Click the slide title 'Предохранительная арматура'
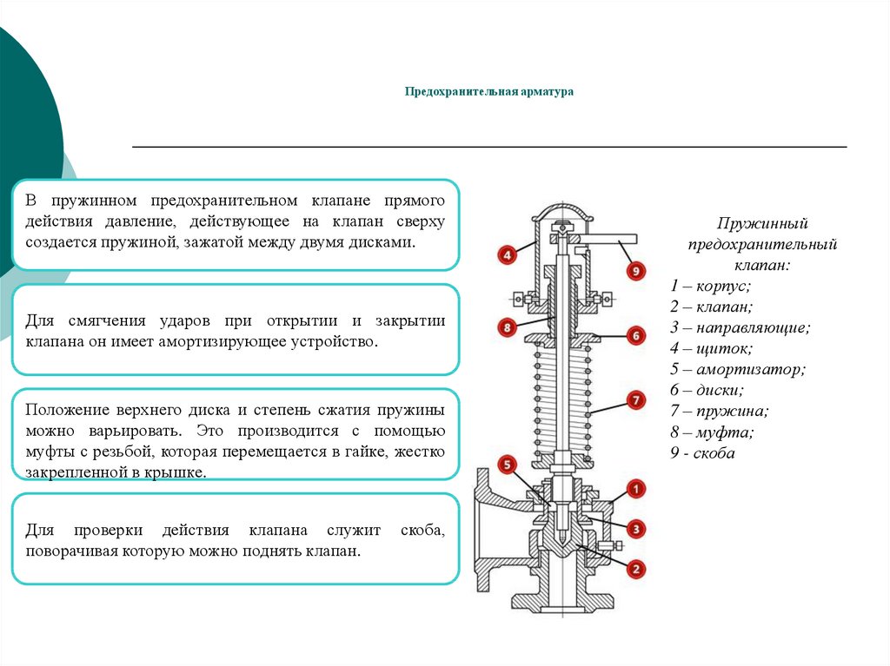coord(488,91)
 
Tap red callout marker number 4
coord(507,254)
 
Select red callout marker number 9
coord(635,271)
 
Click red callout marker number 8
coord(507,327)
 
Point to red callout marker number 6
coord(635,335)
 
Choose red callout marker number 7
coord(635,400)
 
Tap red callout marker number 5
coord(507,465)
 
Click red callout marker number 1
coord(635,489)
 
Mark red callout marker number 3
coord(635,530)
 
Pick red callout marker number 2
coord(635,569)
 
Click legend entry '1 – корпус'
coord(710,286)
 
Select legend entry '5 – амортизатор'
coord(737,369)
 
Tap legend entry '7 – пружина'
coord(719,411)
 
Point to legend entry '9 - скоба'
coord(702,452)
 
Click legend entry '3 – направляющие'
coord(741,327)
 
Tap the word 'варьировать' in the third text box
coord(135,432)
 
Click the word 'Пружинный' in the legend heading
coord(761,223)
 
